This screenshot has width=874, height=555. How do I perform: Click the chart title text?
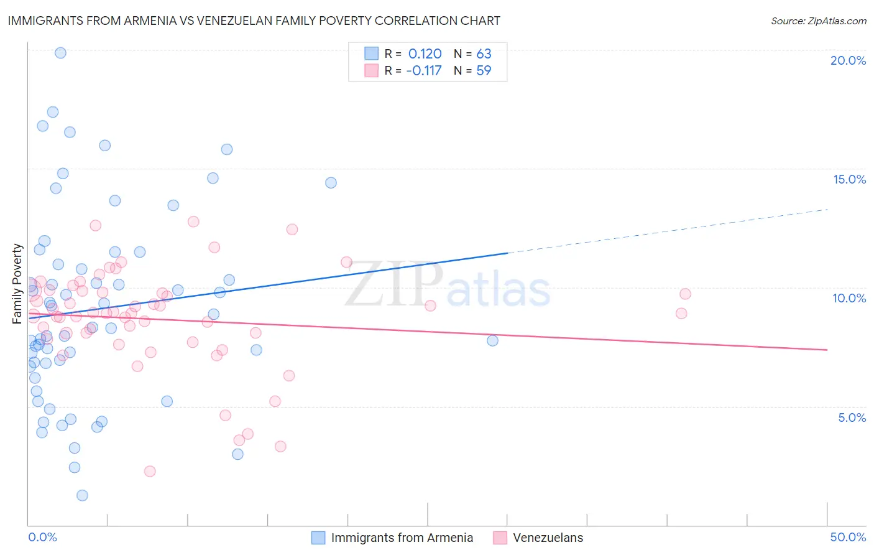point(254,21)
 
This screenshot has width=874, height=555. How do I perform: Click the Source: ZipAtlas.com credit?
point(818,21)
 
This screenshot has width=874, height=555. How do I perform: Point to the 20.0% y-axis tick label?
point(848,60)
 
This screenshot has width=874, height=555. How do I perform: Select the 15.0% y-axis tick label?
point(849,179)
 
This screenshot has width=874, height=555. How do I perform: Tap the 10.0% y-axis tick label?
point(849,298)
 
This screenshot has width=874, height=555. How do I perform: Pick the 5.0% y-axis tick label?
point(852,417)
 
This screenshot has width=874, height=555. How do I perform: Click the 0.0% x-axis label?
point(42,537)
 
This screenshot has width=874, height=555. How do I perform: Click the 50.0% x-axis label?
point(848,537)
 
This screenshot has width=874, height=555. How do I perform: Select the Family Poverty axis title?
point(17,284)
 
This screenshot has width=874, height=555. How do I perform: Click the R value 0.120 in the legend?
point(425,54)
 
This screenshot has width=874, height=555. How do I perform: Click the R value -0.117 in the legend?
point(423,70)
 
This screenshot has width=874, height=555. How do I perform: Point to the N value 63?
point(484,54)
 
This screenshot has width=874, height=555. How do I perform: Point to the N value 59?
point(484,70)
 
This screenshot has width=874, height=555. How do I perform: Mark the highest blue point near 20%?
point(60,53)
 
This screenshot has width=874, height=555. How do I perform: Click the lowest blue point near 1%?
point(82,495)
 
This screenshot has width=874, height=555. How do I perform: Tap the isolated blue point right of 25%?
point(492,340)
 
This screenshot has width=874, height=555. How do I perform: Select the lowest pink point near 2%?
point(150,471)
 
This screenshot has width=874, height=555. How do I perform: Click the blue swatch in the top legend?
point(371,54)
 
